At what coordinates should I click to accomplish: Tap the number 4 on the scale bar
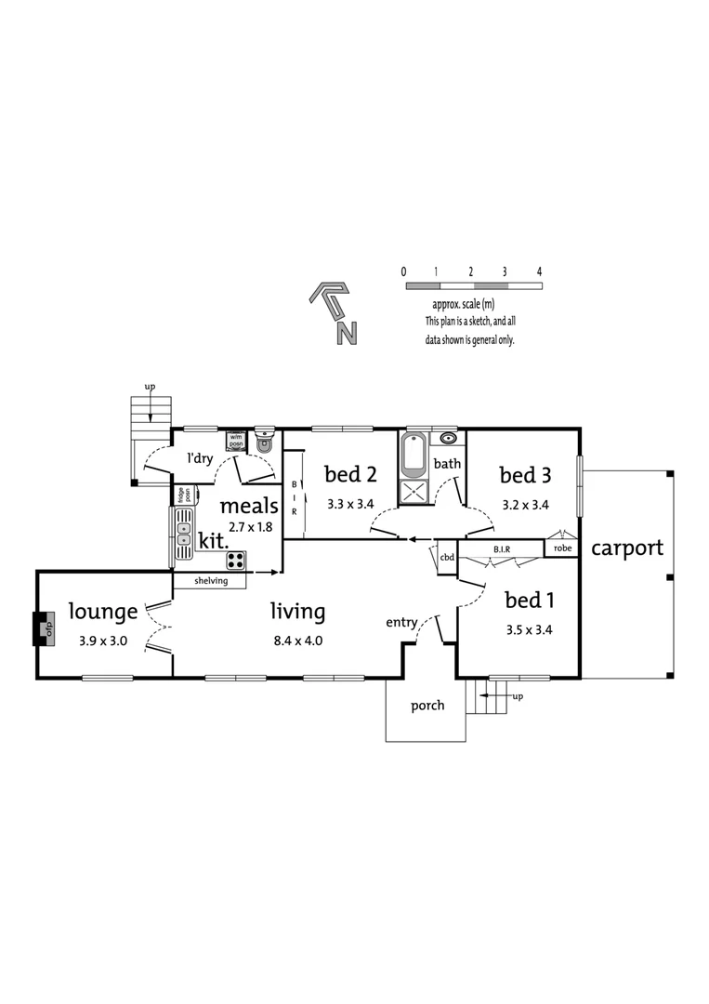[x=539, y=271]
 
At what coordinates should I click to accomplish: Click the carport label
[x=627, y=548]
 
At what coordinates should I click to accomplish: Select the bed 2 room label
[x=350, y=475]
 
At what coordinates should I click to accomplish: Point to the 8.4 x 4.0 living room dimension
[x=297, y=641]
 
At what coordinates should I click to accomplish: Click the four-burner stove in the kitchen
[x=236, y=560]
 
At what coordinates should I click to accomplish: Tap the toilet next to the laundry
[x=265, y=442]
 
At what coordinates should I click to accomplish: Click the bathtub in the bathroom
[x=413, y=455]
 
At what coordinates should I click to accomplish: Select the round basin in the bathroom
[x=448, y=438]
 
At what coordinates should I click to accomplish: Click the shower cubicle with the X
[x=413, y=493]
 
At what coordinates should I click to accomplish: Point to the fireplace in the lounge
[x=41, y=627]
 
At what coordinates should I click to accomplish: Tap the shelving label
[x=211, y=581]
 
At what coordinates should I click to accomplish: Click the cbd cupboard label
[x=447, y=557]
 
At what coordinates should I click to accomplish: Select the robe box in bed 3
[x=563, y=548]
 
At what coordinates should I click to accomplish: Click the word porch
[x=427, y=706]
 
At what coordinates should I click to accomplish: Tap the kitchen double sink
[x=184, y=536]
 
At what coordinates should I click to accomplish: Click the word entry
[x=402, y=623]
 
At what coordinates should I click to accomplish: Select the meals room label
[x=248, y=507]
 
